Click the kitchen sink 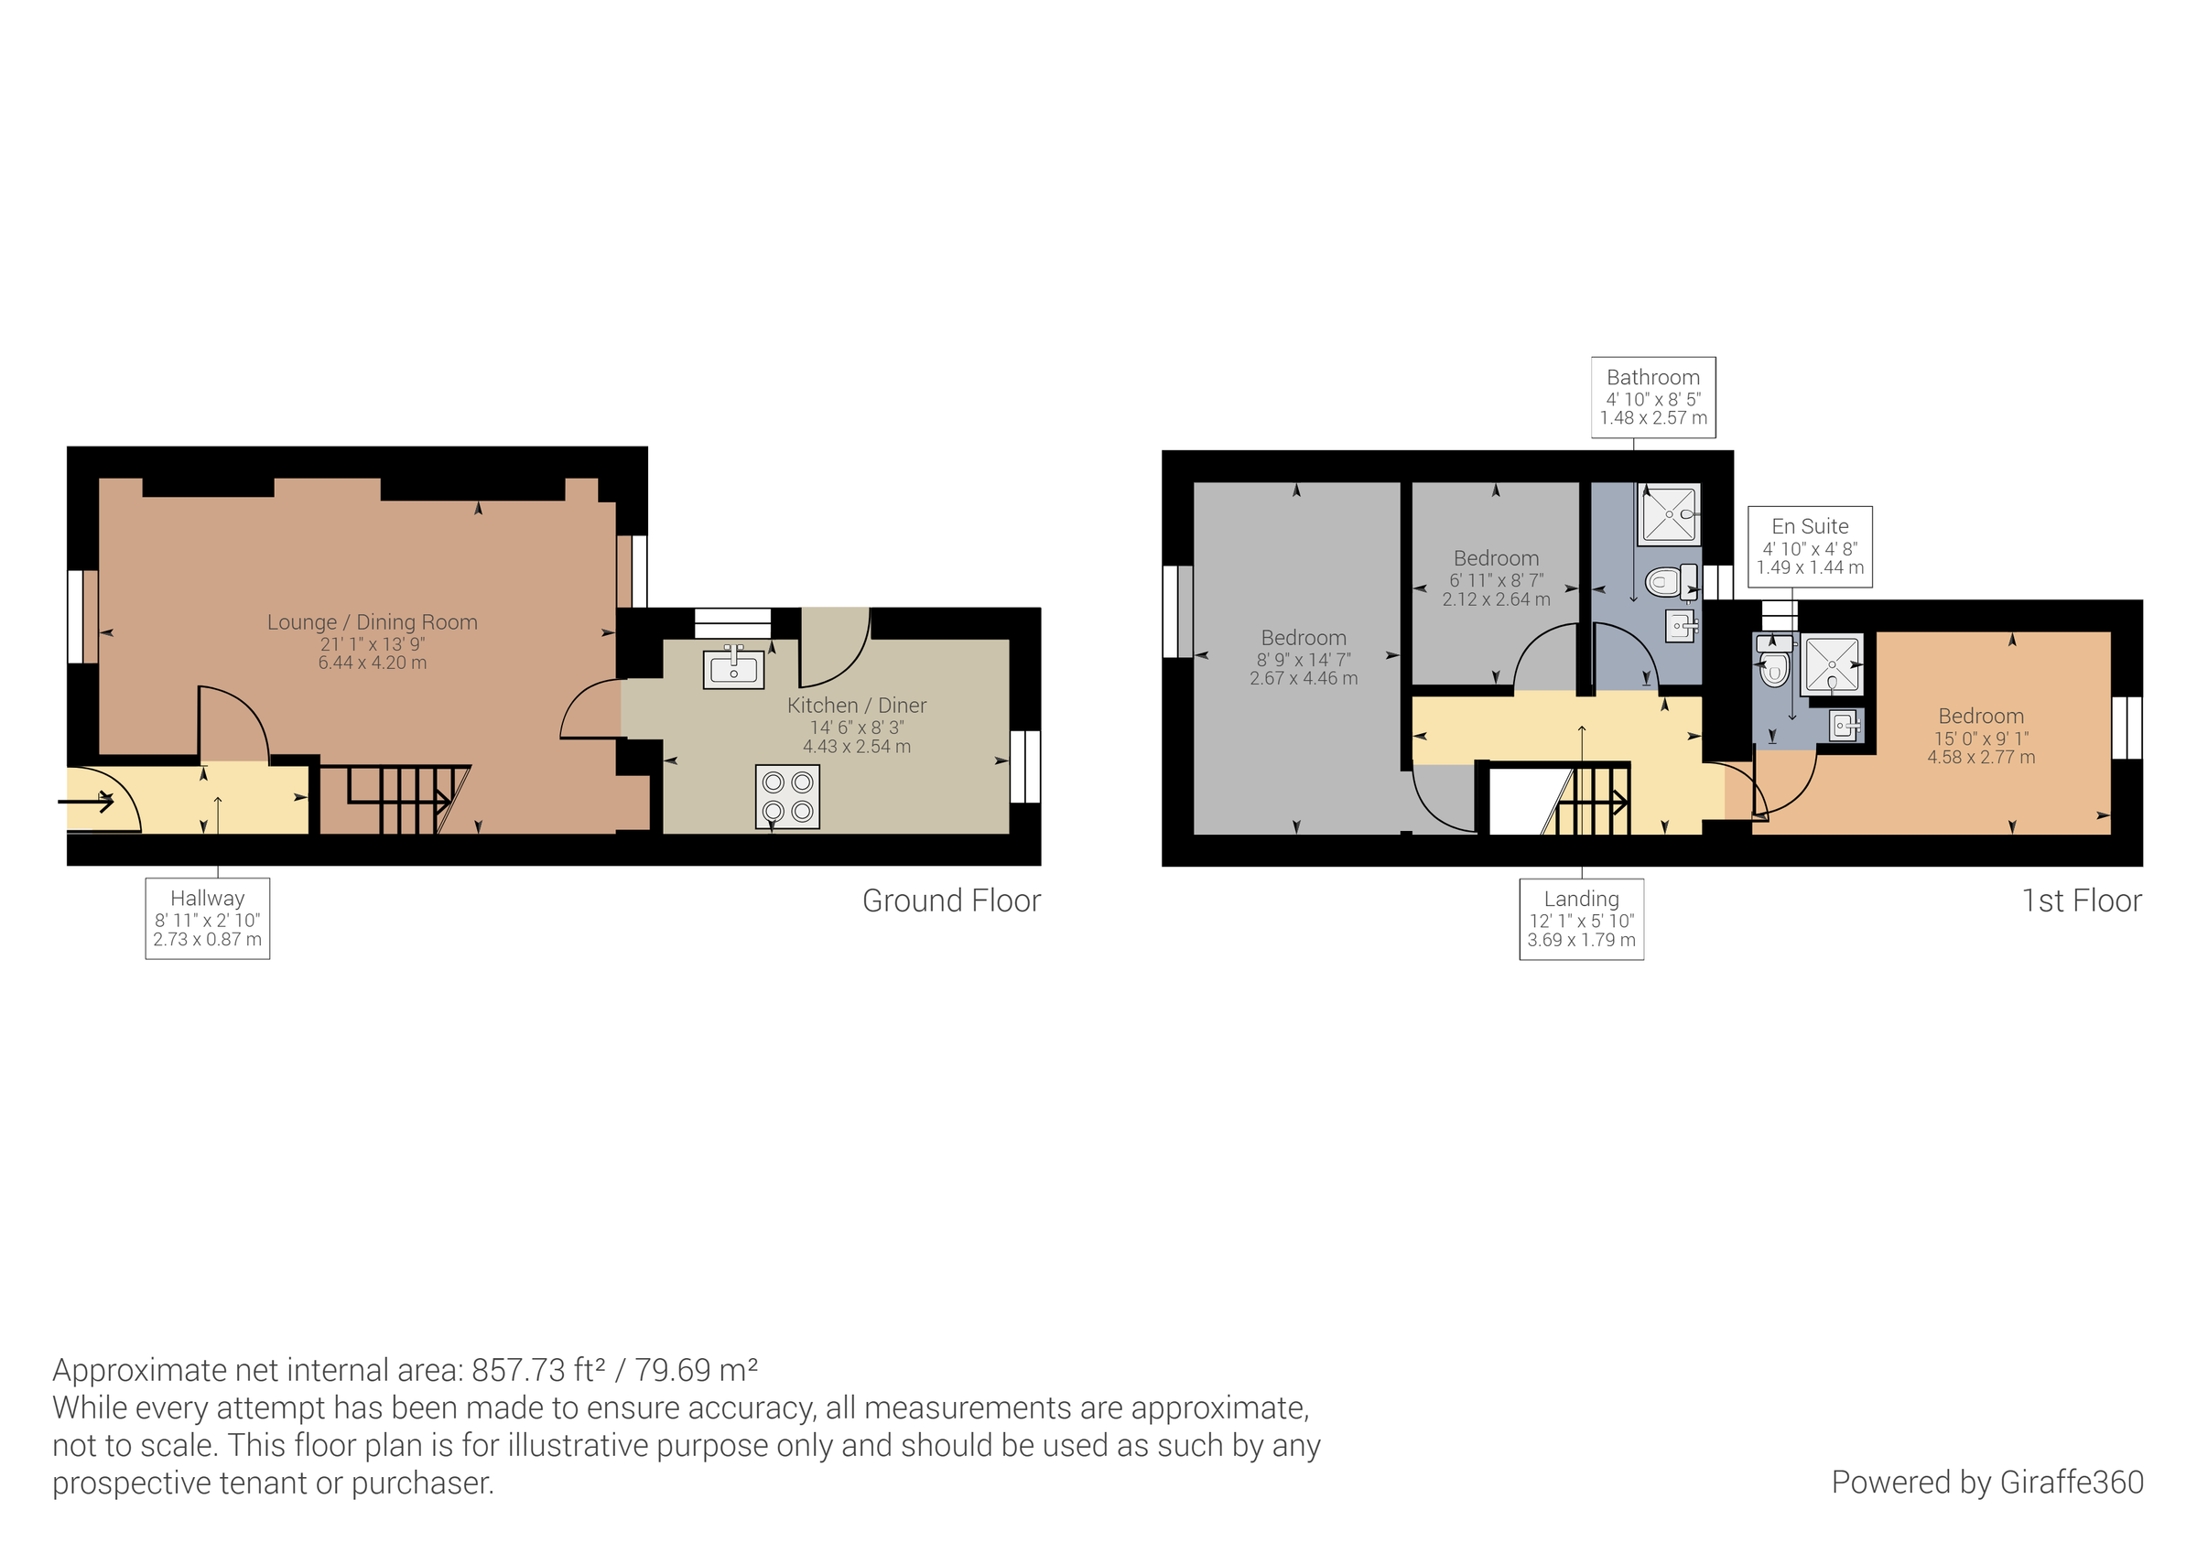click(733, 669)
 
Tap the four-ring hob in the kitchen click(786, 796)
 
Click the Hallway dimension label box click(208, 919)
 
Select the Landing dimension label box click(1581, 919)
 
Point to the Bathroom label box click(1652, 397)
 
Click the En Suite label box click(1810, 546)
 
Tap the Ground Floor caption click(951, 901)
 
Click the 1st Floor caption click(2082, 901)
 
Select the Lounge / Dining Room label click(373, 623)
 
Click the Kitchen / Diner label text click(857, 706)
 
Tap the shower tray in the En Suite click(1832, 664)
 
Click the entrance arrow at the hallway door click(87, 800)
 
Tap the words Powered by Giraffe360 click(1986, 1483)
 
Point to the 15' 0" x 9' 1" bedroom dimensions click(1981, 739)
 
